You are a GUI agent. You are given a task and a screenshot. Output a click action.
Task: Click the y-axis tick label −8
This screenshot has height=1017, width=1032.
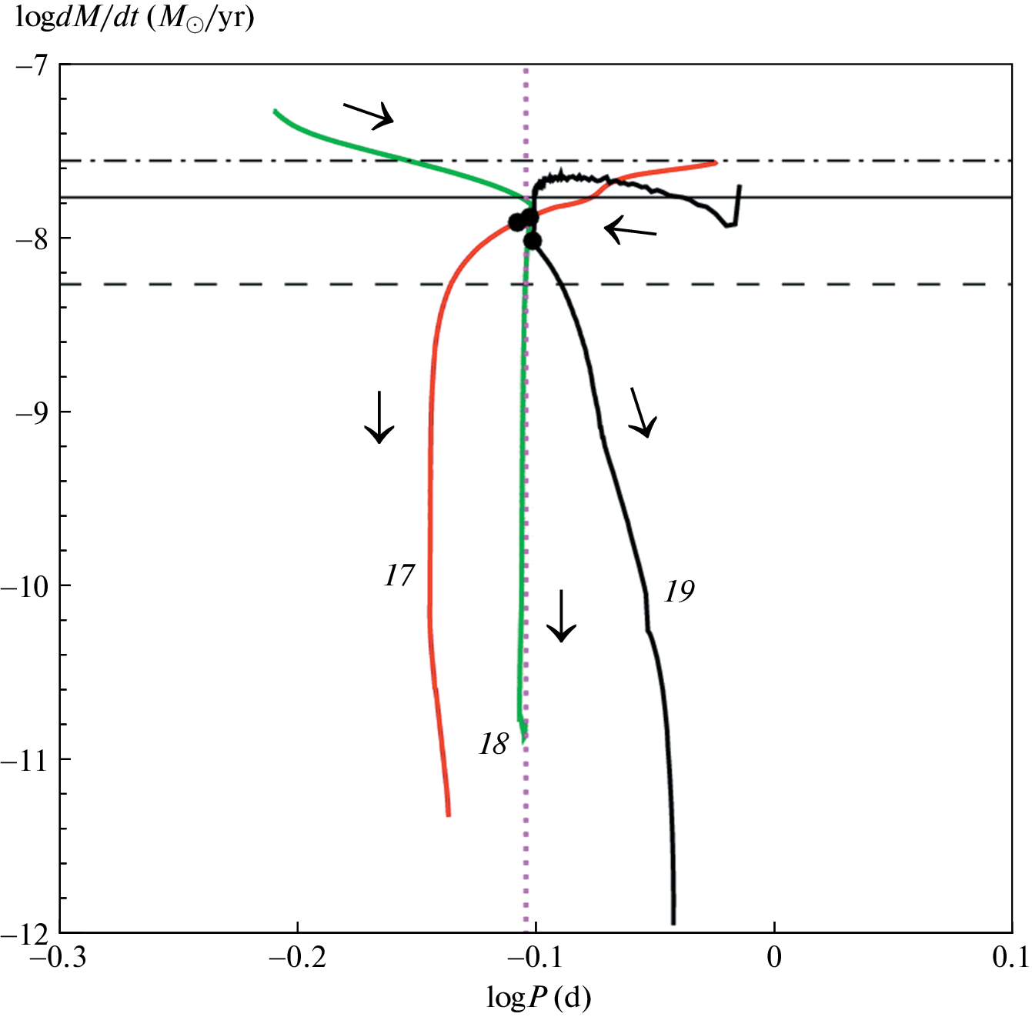click(x=30, y=238)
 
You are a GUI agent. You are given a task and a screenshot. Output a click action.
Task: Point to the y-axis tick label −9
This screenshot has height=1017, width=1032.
click(x=30, y=412)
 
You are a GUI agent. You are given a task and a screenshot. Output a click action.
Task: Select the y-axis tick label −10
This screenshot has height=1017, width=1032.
click(x=25, y=585)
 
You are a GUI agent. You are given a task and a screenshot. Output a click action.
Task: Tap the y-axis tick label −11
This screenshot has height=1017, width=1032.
click(x=25, y=759)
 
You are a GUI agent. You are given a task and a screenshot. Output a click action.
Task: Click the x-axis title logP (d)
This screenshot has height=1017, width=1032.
click(x=539, y=998)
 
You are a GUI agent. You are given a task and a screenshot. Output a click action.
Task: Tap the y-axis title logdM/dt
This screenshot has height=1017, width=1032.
click(x=135, y=18)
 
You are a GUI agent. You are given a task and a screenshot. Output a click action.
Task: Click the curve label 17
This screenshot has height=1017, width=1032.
click(x=399, y=575)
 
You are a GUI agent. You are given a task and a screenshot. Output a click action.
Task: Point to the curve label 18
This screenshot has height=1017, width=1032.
click(x=493, y=744)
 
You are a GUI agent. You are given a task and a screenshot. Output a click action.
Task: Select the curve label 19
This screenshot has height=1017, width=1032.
click(x=680, y=592)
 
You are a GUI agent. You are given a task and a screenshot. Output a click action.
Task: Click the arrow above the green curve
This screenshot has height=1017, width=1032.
click(x=368, y=115)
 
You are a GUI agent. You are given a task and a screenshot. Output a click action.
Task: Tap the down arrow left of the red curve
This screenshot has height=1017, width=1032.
click(x=379, y=418)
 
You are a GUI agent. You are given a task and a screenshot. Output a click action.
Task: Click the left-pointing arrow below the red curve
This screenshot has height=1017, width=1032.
click(x=630, y=230)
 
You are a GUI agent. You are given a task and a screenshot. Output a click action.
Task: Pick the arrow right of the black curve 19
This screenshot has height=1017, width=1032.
click(x=643, y=412)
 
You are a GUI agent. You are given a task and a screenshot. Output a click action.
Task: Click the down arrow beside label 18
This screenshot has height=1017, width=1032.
click(x=562, y=616)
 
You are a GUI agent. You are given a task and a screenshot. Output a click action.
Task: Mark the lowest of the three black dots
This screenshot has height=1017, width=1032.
click(x=532, y=242)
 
